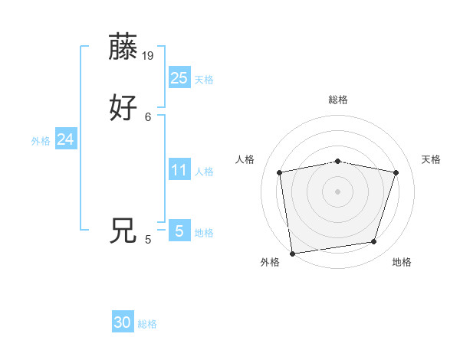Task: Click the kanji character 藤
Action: click(124, 47)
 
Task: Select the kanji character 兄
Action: click(124, 231)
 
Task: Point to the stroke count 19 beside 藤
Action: click(149, 56)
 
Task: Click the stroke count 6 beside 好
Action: click(148, 116)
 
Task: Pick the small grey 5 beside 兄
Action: click(148, 240)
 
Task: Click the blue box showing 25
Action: click(179, 77)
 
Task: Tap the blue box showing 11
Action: click(179, 170)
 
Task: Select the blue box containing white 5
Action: click(179, 231)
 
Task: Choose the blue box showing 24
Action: click(66, 139)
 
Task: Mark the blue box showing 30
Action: click(123, 322)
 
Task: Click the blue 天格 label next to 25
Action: click(204, 80)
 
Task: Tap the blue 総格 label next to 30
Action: click(148, 325)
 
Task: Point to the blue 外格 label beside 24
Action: click(41, 141)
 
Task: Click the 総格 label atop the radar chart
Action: click(338, 100)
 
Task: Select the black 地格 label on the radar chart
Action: click(402, 263)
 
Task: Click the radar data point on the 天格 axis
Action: click(396, 172)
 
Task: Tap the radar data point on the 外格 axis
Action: click(292, 253)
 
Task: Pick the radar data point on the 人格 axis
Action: click(280, 172)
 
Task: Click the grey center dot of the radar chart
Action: click(338, 191)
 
